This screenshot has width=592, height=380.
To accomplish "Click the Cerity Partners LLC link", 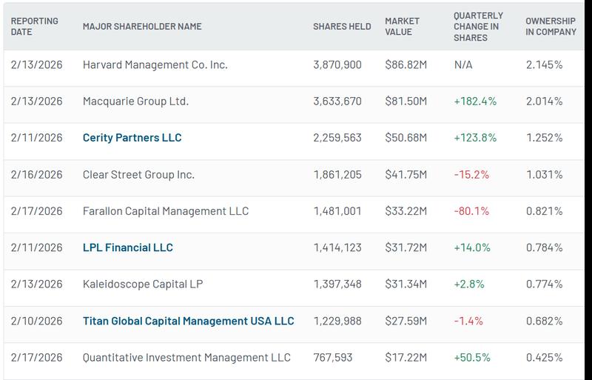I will click(x=132, y=138).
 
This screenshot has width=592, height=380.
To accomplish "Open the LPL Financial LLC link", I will click(x=127, y=247).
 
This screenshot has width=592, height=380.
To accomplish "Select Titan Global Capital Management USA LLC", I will click(x=188, y=321).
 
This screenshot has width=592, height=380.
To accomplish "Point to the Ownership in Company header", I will click(x=551, y=27).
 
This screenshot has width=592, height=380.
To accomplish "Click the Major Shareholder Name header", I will click(x=142, y=27).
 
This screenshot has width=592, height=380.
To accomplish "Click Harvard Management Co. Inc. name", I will click(x=155, y=65).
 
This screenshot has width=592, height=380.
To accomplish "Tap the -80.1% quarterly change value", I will click(x=471, y=211).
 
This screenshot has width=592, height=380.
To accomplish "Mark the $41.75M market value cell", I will click(x=406, y=175).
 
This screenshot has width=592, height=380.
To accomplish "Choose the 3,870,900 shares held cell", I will click(x=337, y=65).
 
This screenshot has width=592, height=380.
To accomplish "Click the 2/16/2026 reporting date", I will click(x=37, y=175).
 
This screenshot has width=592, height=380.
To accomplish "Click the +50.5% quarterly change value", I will click(x=473, y=358).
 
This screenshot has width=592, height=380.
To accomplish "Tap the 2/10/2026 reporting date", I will click(x=37, y=321).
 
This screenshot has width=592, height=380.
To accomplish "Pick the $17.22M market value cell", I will click(x=406, y=358).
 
